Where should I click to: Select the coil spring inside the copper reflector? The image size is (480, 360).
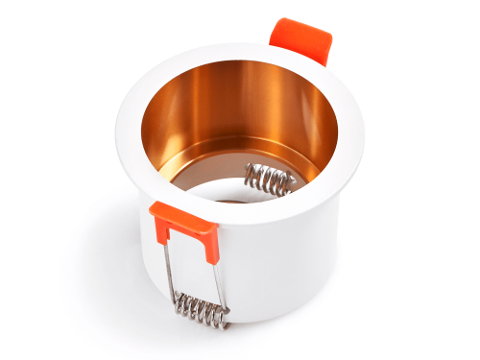(270, 180)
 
